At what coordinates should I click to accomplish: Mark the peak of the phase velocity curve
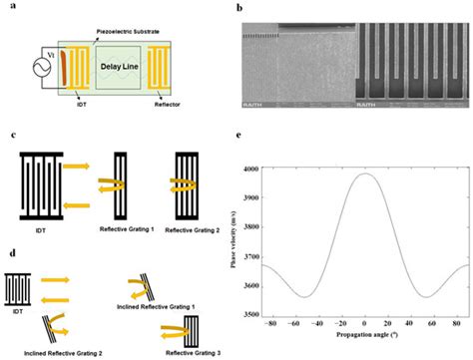click(x=366, y=174)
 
